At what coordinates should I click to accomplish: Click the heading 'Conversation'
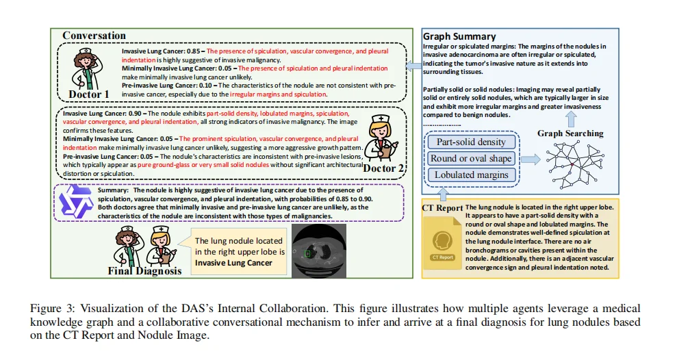point(94,36)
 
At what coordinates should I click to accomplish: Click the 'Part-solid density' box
point(470,142)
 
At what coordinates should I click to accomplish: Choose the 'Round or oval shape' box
point(470,159)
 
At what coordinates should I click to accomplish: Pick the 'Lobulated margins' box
point(470,175)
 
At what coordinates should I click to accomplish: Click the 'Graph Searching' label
point(570,133)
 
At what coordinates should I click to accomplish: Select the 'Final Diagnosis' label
point(144,271)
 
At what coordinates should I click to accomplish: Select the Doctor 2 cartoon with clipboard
point(382,137)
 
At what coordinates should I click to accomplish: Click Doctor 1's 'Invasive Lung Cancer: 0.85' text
point(163,51)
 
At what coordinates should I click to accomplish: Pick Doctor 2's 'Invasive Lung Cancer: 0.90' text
point(100,113)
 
